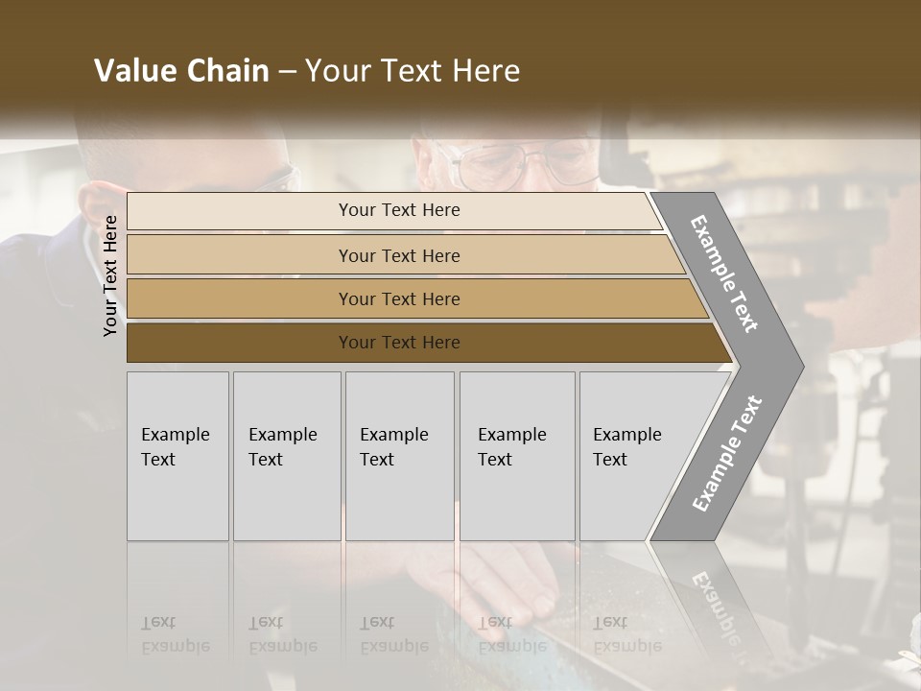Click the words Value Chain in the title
pyautogui.click(x=181, y=71)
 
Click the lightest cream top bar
pyautogui.click(x=240, y=211)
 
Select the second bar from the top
pyautogui.click(x=240, y=255)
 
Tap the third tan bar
pyautogui.click(x=240, y=298)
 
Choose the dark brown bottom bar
pyautogui.click(x=240, y=343)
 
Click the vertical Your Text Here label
pyautogui.click(x=110, y=275)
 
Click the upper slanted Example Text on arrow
pyautogui.click(x=724, y=274)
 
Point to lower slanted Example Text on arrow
pyautogui.click(x=727, y=453)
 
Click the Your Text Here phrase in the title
pyautogui.click(x=413, y=71)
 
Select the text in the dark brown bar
pyautogui.click(x=399, y=343)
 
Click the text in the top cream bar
pyautogui.click(x=399, y=210)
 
